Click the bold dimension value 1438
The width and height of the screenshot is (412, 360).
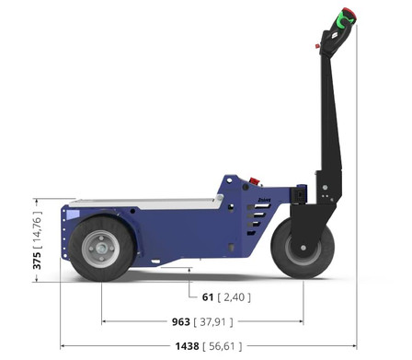coord(187,346)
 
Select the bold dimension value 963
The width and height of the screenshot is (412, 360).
coord(181,321)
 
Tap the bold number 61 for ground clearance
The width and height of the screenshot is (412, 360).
coord(208,297)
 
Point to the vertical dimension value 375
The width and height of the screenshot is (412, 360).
coord(37,261)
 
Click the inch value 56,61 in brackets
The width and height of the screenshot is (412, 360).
coord(223,346)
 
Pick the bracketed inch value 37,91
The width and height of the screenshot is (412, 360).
coord(213,321)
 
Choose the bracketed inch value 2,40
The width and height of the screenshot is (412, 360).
coord(235,297)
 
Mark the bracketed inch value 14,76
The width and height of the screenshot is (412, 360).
coord(37,229)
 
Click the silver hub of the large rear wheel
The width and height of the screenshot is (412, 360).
coord(101,248)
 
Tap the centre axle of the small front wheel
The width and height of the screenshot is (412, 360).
coord(303,248)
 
